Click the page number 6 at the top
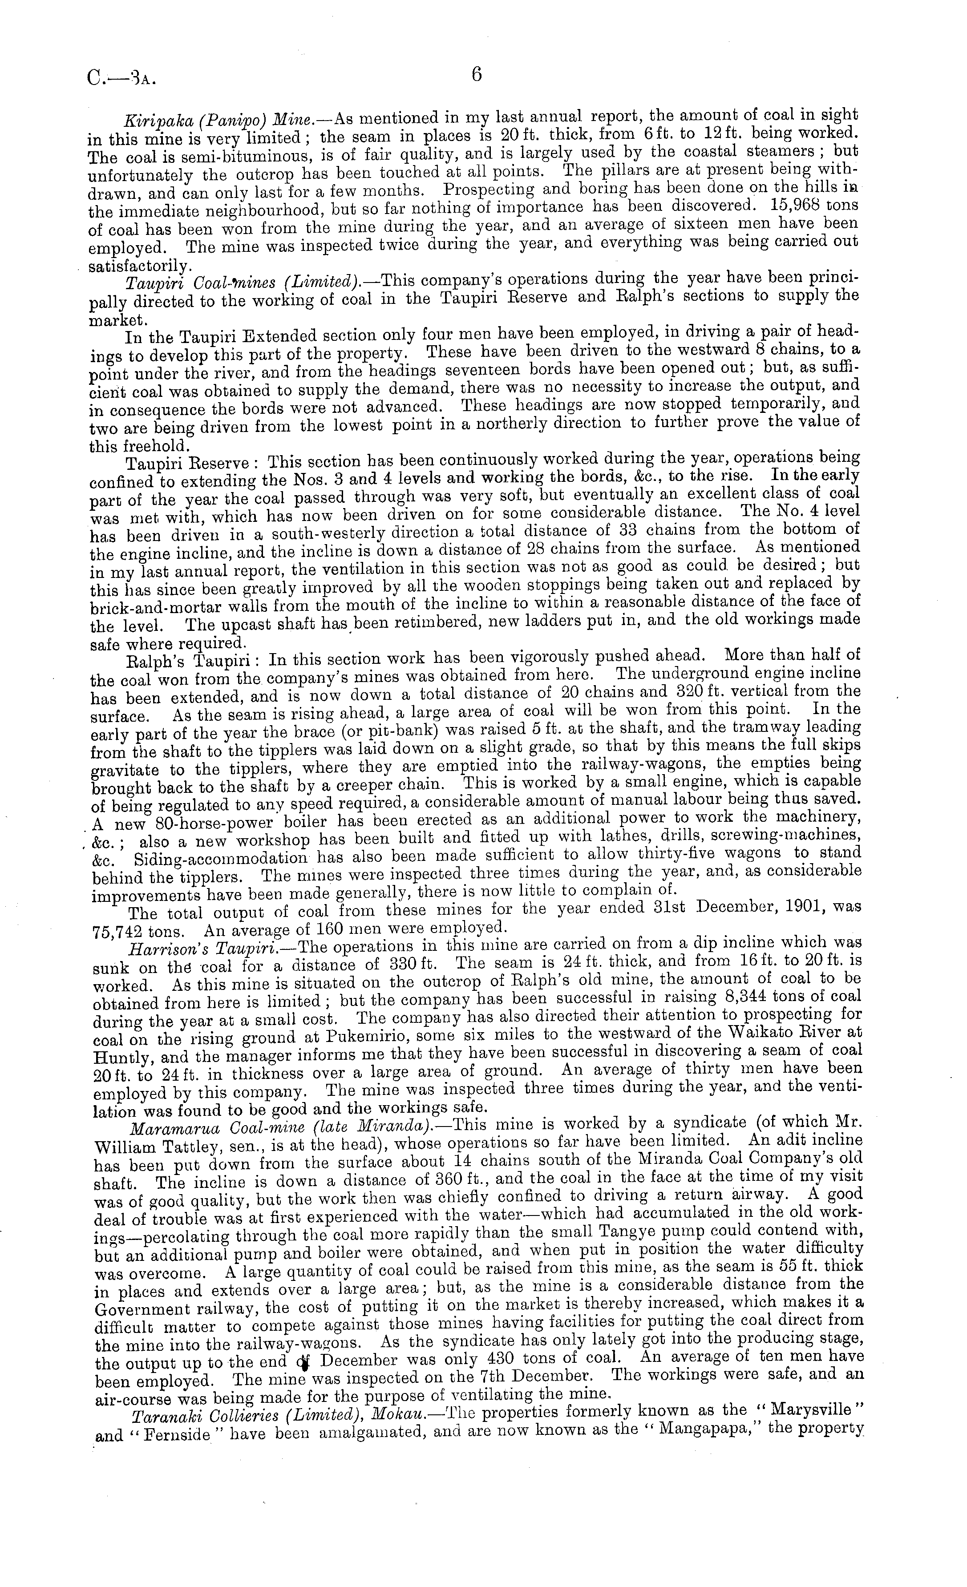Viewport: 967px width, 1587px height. click(x=477, y=75)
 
